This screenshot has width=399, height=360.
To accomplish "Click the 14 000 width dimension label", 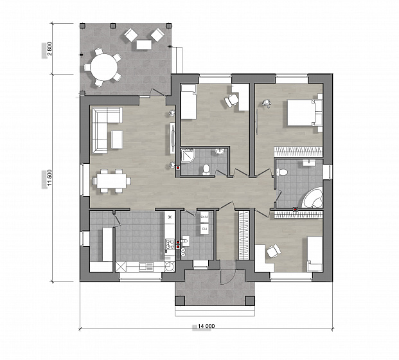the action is pos(206,326).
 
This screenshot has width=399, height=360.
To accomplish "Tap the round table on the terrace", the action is pos(104,67).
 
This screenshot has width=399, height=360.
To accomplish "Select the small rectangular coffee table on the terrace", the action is pos(145,45).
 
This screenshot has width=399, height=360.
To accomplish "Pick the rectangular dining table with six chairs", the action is pos(111,181).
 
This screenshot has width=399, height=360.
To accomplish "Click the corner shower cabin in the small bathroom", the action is pos(188,156).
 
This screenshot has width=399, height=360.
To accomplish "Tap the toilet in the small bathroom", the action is pos(206,170).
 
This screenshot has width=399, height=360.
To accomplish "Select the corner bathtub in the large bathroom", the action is pos(313,197).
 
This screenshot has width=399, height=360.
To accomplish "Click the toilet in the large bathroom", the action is pos(282,172).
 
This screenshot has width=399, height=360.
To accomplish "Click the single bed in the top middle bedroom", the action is pos(188,102).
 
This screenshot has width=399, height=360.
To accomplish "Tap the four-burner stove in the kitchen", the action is pos(170,244).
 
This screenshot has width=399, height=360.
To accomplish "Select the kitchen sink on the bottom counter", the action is pos(146,267).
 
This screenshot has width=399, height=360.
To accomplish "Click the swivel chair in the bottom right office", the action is pos(273,251).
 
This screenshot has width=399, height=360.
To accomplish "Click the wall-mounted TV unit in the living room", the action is pos(172,138).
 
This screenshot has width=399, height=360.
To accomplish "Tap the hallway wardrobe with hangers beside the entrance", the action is pos(244,235).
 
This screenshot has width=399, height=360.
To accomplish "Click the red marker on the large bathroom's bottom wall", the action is pos(295,210).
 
